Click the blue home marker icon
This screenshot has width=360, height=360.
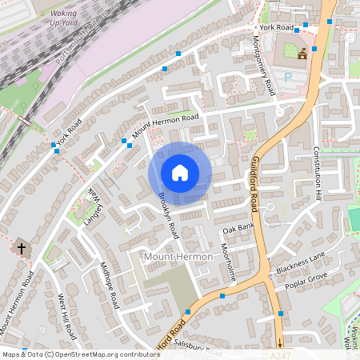[x=179, y=173]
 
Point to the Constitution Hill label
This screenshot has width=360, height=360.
[x=317, y=173]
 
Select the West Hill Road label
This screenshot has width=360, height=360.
[x=66, y=314]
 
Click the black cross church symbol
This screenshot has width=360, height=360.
[x=21, y=249]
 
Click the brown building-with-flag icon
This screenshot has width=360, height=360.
[x=302, y=54]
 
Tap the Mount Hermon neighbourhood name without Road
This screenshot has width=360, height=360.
[x=178, y=256]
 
